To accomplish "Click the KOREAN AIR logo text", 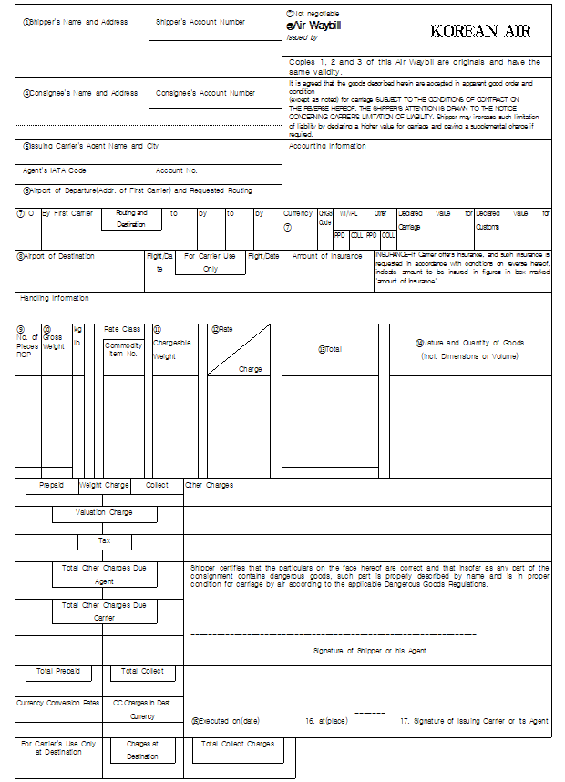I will pos(480,31).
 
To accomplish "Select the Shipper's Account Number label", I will pos(200,22).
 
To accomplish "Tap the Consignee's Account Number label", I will pos(205,93).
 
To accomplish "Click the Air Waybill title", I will pos(316,26).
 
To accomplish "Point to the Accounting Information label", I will pos(327,146).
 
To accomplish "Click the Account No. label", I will pos(177,170).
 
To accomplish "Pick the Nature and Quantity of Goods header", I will pos(470,349).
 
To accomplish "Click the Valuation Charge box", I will pos(104,513).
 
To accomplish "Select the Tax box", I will pos(104,541).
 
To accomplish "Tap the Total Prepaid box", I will pos(58,672).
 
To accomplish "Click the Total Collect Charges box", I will pos(237,745).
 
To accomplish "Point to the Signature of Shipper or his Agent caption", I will pos(370,651).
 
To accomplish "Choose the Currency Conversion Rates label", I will pos(57,703).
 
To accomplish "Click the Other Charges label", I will pos(210,486).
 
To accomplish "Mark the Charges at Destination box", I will pos(142,750).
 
